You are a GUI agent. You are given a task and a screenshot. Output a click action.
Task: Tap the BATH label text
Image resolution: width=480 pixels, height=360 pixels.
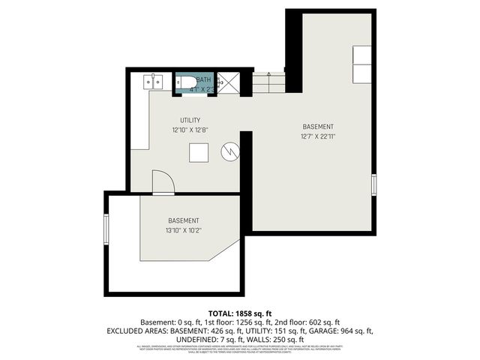click(x=204, y=79)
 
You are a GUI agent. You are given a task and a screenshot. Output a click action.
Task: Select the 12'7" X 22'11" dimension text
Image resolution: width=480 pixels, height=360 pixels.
click(x=318, y=136)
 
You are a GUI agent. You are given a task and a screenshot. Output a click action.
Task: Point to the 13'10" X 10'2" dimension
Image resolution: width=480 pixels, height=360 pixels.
click(x=184, y=230)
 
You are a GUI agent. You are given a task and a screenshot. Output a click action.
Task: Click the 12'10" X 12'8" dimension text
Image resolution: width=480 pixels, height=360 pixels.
click(x=189, y=130)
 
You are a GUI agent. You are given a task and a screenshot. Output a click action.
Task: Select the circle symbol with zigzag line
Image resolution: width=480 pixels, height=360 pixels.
click(x=228, y=152)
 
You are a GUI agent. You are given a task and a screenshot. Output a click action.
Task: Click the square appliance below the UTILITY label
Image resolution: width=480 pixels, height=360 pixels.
click(x=198, y=152)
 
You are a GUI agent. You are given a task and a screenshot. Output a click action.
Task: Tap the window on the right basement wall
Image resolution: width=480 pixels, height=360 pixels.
click(x=373, y=184)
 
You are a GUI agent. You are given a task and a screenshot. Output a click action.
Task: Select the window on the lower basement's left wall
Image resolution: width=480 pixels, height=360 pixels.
click(x=106, y=231)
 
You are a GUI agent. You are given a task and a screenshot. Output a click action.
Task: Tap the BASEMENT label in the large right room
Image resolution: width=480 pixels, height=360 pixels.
click(x=318, y=127)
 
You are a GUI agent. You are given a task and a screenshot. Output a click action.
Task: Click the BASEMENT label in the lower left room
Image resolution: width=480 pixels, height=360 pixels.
click(x=184, y=220)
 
